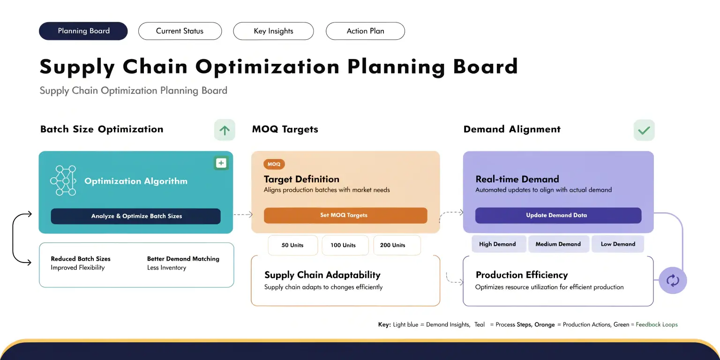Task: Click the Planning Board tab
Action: pos(83,31)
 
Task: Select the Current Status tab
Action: pos(180,31)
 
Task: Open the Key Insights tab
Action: pos(273,31)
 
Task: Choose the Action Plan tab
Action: pos(365,31)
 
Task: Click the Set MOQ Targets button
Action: pos(345,215)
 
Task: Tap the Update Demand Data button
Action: pos(558,215)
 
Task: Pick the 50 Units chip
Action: pos(292,245)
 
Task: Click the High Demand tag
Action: pos(497,244)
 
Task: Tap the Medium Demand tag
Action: pos(558,244)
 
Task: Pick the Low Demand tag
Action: pos(618,244)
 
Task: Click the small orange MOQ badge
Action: pos(274,164)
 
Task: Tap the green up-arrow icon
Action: pos(225,130)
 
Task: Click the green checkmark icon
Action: pos(644,130)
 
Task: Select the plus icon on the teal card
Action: pos(221,163)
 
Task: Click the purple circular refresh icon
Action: pos(673,280)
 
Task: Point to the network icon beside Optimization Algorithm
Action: pos(63,180)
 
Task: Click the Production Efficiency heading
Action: pos(521,275)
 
